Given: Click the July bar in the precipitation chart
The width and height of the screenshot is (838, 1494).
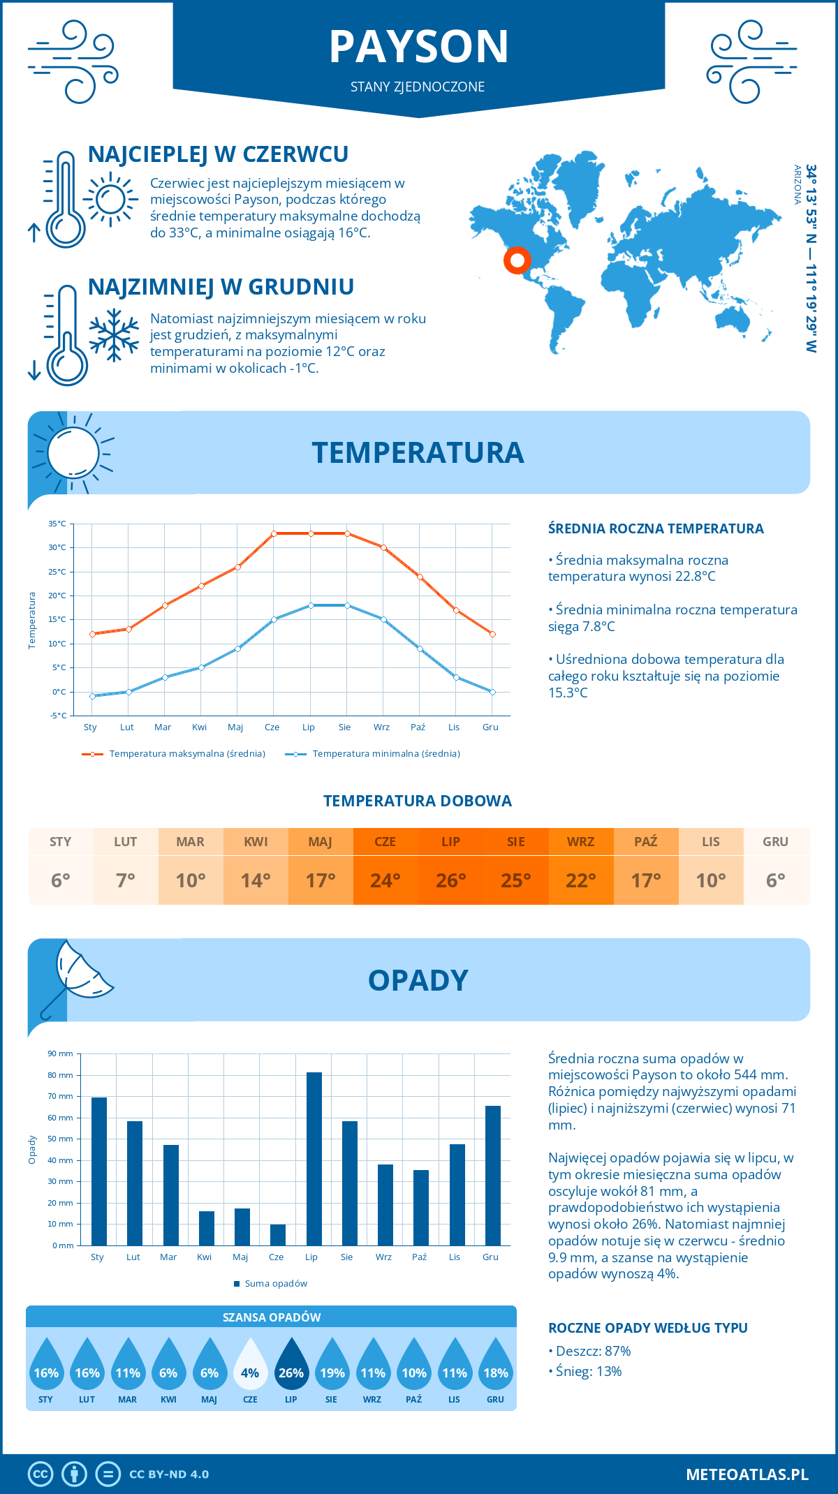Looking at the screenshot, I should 314,1159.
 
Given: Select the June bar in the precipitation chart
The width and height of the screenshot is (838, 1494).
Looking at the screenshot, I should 278,1235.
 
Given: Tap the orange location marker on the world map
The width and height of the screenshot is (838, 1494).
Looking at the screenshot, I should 517,260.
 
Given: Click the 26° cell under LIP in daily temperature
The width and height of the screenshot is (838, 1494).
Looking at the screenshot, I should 450,880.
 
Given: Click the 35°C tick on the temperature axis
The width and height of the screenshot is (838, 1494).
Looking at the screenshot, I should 57,524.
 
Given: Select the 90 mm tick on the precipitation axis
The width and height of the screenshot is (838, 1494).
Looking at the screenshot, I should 61,1053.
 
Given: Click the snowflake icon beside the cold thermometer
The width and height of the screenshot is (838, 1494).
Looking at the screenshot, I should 114,335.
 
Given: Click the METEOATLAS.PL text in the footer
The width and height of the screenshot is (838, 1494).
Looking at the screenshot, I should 747,1474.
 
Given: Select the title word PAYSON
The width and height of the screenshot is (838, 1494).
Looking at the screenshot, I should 418,47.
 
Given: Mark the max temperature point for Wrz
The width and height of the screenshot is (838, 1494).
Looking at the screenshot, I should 383,547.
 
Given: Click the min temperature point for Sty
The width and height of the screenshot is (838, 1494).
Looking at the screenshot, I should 92,696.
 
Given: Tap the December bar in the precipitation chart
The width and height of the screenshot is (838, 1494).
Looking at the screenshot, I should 493,1176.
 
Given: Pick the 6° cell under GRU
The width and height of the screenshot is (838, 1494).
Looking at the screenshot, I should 776,880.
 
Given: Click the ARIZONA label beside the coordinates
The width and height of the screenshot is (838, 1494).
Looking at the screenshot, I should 797,184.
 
